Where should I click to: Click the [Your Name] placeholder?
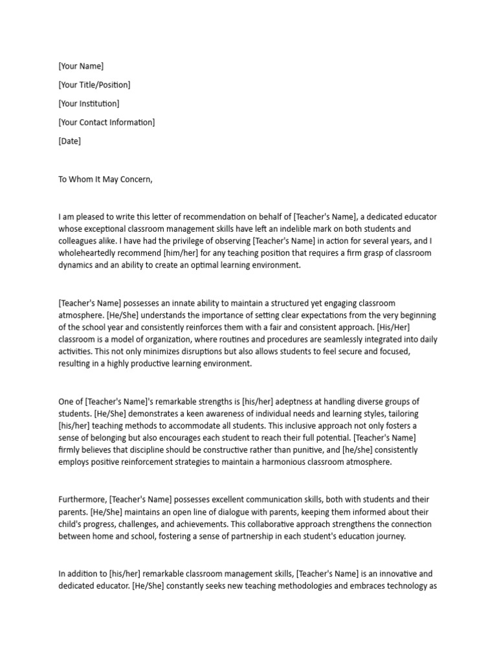pos(81,66)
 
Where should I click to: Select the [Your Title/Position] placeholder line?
pos(94,85)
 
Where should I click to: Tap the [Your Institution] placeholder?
pos(89,104)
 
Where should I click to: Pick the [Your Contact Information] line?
pos(107,122)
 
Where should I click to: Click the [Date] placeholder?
pos(70,141)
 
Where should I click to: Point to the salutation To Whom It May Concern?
pos(105,179)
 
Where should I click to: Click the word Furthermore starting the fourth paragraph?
pos(82,499)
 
